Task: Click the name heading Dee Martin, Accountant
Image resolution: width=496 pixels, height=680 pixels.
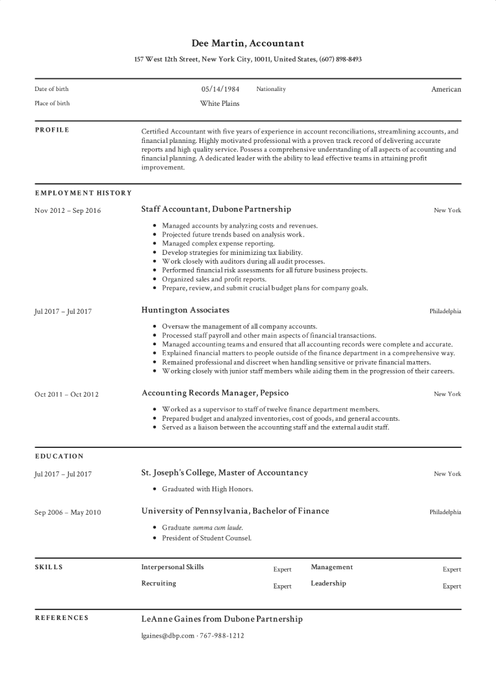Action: [x=248, y=43]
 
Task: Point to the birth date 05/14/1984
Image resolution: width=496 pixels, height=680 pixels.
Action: [x=220, y=89]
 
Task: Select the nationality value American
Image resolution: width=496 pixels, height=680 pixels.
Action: [x=446, y=89]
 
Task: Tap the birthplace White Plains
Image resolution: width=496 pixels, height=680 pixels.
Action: [x=219, y=103]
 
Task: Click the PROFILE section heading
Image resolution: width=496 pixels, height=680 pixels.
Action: [x=52, y=130]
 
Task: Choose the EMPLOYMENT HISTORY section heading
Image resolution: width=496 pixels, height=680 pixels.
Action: [x=83, y=193]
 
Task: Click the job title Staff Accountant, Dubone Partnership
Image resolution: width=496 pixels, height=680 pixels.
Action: [x=216, y=210]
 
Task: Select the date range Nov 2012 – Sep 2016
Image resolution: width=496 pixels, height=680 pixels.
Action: [x=67, y=210]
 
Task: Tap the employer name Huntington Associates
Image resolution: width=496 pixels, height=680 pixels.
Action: [x=185, y=309]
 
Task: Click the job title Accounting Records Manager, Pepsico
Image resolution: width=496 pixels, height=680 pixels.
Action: [x=215, y=393]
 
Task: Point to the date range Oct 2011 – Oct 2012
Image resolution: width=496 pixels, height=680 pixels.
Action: [x=66, y=394]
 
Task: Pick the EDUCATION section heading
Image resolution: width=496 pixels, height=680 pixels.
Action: [x=59, y=457]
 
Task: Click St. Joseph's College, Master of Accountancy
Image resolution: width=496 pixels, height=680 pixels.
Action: [x=225, y=473]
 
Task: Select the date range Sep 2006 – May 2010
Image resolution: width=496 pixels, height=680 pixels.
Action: [x=67, y=512]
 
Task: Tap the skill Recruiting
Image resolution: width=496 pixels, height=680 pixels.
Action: [x=159, y=583]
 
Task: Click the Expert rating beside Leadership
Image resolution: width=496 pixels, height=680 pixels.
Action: [x=451, y=586]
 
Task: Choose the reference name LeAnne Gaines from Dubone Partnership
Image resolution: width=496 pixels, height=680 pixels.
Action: [x=222, y=619]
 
